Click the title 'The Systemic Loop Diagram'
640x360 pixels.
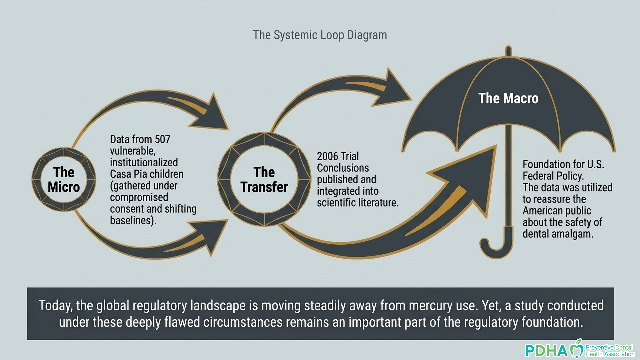click(x=320, y=35)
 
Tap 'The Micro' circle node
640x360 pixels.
click(x=64, y=179)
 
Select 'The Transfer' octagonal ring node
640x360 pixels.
click(x=264, y=179)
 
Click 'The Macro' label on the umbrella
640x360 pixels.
click(x=508, y=98)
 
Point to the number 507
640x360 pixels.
click(x=162, y=139)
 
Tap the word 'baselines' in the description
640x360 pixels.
click(x=131, y=220)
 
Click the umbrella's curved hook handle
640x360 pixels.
click(x=497, y=245)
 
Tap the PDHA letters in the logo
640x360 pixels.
click(x=547, y=351)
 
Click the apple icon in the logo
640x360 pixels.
click(x=576, y=349)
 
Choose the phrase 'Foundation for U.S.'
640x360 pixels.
click(x=563, y=164)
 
